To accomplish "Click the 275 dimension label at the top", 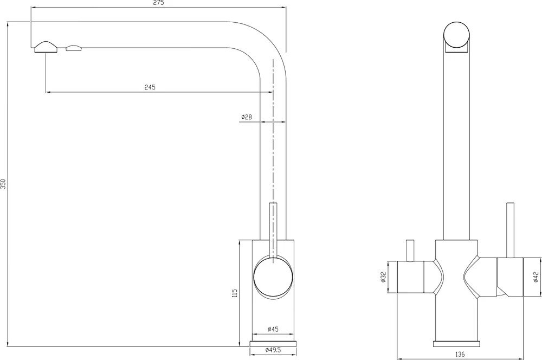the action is (159, 3).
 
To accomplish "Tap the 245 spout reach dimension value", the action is (150, 87).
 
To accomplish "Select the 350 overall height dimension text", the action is (3, 184).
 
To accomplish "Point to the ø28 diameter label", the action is (247, 117).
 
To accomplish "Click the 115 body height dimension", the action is (235, 293).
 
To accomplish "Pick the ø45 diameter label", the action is (273, 329).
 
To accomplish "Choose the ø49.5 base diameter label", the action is (273, 350).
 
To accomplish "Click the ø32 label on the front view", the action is (383, 277).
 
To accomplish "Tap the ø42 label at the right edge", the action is (536, 277).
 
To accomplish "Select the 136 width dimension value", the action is (460, 354).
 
